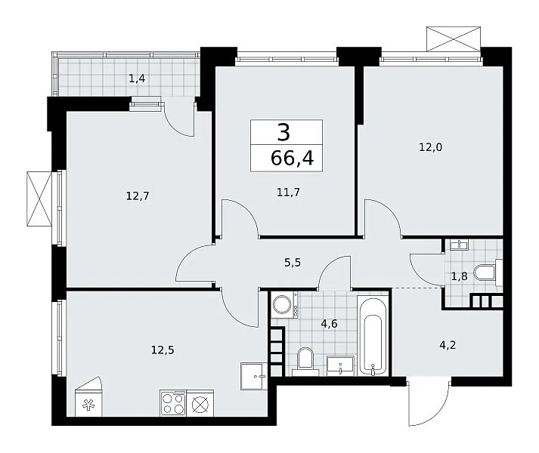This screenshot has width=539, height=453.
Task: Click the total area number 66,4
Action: (293, 159)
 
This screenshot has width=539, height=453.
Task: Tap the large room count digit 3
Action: (283, 133)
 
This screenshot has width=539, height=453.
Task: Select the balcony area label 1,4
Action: (137, 79)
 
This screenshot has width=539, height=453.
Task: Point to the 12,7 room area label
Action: (138, 196)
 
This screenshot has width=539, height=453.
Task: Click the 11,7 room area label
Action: (288, 192)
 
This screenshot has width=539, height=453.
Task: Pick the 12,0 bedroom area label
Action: (430, 147)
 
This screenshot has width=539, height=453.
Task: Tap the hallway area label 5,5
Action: (293, 263)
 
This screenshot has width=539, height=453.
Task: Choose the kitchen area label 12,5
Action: (163, 350)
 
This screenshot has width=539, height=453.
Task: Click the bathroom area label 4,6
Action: (329, 324)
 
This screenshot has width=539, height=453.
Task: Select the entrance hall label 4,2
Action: (448, 344)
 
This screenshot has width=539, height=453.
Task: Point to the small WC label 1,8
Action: (460, 276)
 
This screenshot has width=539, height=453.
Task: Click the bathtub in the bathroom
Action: (373, 337)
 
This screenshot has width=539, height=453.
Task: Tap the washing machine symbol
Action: (285, 304)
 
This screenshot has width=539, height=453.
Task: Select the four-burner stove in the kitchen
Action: (173, 403)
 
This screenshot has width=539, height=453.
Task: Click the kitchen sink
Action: (254, 376)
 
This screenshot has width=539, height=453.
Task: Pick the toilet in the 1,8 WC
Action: (488, 273)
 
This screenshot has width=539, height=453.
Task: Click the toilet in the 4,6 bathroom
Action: (305, 362)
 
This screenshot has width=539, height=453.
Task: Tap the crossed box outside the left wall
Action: (39, 199)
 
